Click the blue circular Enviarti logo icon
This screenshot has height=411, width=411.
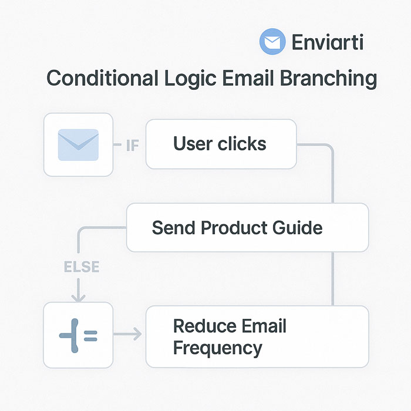tap(272, 43)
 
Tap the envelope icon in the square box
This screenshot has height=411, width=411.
tap(78, 144)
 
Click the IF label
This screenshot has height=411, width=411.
tap(133, 145)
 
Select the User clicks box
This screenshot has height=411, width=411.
tap(220, 144)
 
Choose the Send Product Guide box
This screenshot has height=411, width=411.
tap(247, 227)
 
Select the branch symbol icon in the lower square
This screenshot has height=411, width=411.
tap(78, 335)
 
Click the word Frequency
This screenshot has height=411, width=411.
tap(217, 348)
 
